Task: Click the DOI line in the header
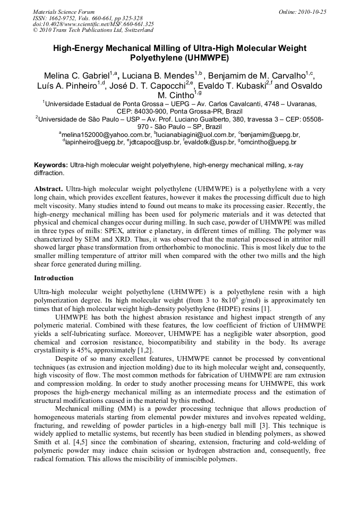coord(93,24)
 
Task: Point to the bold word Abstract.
coord(48,188)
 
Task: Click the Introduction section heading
coord(54,278)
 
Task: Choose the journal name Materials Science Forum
coord(63,12)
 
